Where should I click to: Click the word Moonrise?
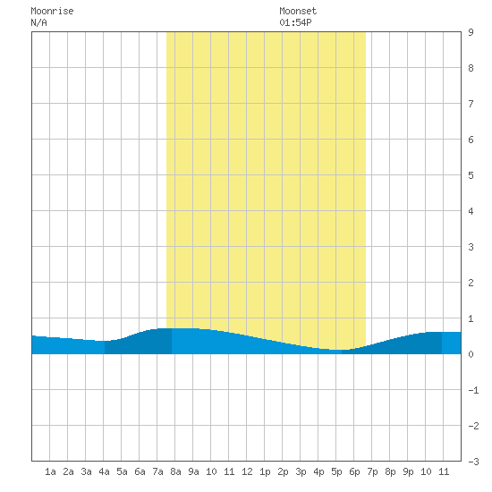[52, 11]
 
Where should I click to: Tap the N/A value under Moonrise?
[38, 22]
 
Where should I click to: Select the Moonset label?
[298, 11]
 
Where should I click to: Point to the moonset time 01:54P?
[295, 22]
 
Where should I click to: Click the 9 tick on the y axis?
[471, 32]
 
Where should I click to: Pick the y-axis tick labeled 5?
[471, 175]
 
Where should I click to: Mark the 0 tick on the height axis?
[471, 354]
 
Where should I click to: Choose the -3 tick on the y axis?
[473, 462]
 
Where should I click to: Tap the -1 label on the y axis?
[473, 390]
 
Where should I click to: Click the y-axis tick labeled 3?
[471, 247]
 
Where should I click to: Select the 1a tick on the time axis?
[50, 471]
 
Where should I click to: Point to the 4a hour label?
[104, 471]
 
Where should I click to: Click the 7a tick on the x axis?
[157, 471]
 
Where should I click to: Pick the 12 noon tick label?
[247, 471]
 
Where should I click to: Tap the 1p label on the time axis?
[265, 471]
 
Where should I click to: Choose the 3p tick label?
[301, 471]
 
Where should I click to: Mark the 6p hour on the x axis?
[354, 471]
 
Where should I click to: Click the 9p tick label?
[408, 471]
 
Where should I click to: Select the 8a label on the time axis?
[175, 471]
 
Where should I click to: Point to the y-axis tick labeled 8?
[471, 68]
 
